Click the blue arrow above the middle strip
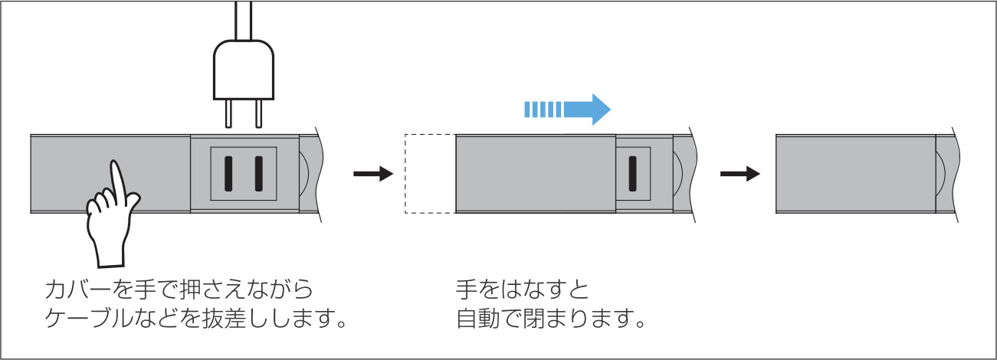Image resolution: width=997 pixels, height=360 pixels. click(x=568, y=110)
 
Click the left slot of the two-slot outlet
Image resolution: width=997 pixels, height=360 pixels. click(x=228, y=174)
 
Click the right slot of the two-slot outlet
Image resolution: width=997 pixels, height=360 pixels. click(x=258, y=174)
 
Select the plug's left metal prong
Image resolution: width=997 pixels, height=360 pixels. click(x=228, y=113)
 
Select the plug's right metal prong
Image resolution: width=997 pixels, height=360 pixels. click(x=258, y=113)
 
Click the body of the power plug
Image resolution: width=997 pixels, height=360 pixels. click(x=244, y=70)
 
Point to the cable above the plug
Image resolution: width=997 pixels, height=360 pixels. click(x=244, y=20)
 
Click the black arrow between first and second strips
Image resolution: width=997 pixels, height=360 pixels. click(x=373, y=173)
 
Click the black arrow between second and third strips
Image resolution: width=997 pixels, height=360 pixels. click(x=740, y=173)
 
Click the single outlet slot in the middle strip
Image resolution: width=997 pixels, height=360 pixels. click(x=632, y=174)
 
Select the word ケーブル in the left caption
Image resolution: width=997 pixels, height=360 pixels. click(x=89, y=319)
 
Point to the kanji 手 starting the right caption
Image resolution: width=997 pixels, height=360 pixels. click(x=467, y=290)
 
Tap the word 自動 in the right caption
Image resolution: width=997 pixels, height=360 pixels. click(x=477, y=319)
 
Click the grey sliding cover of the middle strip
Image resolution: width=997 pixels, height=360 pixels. click(x=536, y=174)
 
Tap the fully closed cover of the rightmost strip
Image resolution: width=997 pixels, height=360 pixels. click(x=856, y=174)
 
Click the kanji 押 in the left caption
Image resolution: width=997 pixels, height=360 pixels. click(x=190, y=290)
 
